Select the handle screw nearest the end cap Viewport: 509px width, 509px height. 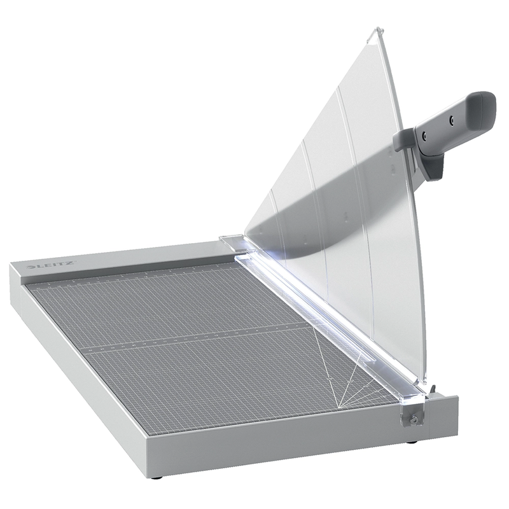(450, 119)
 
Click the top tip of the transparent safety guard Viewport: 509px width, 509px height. (378, 29)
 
